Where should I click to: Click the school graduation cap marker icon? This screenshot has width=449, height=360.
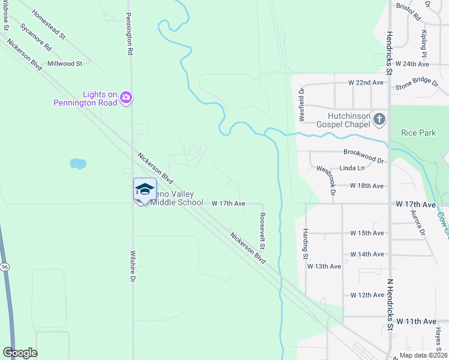[x=144, y=189]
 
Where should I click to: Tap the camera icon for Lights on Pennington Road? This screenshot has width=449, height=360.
[x=125, y=97]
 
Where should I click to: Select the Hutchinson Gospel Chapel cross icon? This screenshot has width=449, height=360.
[x=379, y=119]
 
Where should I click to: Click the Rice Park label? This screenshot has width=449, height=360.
[x=418, y=133]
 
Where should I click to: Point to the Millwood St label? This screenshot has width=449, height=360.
[x=65, y=64]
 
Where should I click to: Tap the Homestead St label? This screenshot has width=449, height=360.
[x=49, y=24]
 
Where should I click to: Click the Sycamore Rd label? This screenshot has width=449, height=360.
[x=35, y=36]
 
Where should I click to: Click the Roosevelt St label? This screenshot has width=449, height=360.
[x=262, y=231]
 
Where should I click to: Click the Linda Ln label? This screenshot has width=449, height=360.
[x=352, y=169]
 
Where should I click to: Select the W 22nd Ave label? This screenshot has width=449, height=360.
[x=366, y=82]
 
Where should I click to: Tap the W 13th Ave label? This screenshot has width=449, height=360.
[x=324, y=266]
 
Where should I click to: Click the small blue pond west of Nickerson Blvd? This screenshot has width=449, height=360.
[x=77, y=163]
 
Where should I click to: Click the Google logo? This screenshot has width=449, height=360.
[x=20, y=353]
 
